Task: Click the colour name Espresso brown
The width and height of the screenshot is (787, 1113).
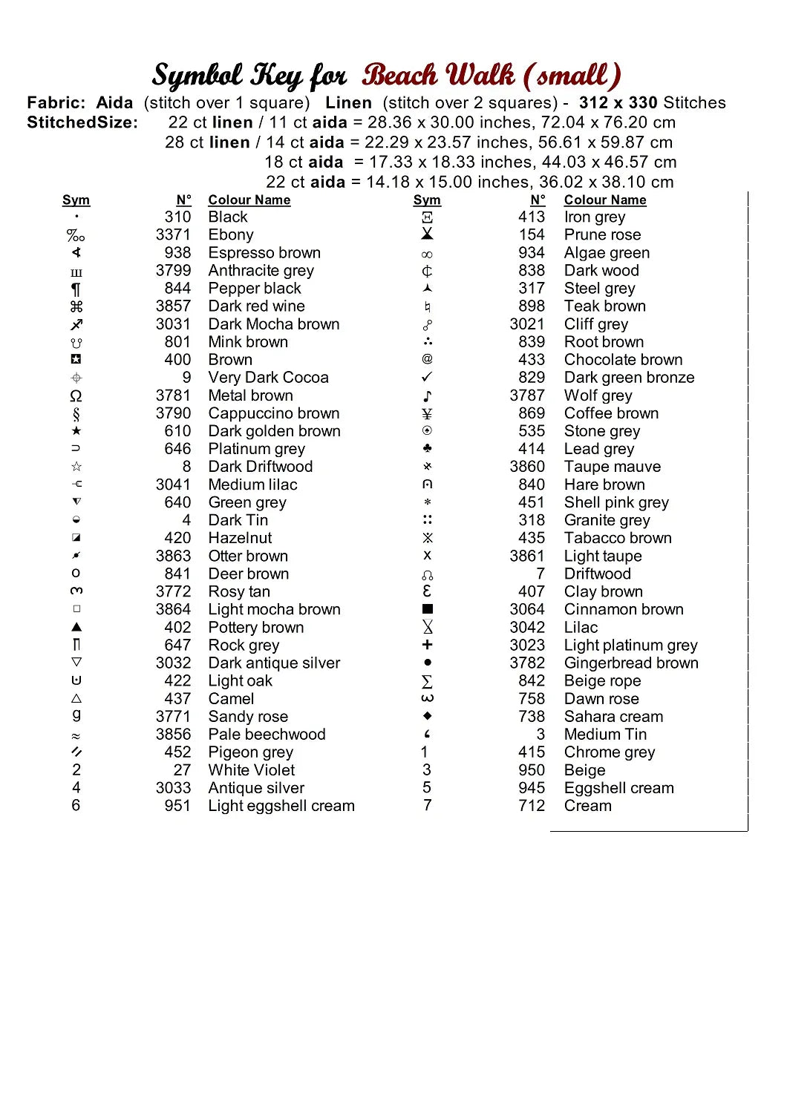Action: coord(264,253)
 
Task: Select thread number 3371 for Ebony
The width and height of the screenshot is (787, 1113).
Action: coord(173,235)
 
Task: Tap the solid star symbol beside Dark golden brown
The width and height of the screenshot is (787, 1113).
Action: coord(76,431)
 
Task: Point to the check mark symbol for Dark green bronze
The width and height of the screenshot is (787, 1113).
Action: coord(427,377)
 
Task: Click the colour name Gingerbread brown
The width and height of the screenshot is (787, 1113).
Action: coord(631,663)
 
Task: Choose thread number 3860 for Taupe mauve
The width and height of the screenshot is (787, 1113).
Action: coord(527,467)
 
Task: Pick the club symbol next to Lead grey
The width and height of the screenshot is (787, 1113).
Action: coord(427,449)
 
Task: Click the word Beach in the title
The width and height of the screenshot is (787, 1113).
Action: coord(399,76)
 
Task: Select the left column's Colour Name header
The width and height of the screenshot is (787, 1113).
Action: coord(249,200)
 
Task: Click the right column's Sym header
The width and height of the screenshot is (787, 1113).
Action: coord(427,200)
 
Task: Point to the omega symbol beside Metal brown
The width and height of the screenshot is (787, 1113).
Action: coord(76,395)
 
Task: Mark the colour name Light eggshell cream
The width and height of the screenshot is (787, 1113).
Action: coord(281,806)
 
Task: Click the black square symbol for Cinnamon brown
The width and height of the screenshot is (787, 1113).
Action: coord(427,609)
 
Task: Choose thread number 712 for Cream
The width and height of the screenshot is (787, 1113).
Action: coord(532,806)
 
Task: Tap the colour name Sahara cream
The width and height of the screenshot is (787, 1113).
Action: coord(613,717)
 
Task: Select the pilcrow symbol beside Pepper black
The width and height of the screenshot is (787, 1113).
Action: coord(76,289)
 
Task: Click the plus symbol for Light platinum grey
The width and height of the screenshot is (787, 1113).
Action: coord(427,645)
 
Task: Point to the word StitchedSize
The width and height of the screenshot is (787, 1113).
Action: coord(82,123)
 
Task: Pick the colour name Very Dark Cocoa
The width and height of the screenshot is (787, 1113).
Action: coord(268,378)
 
